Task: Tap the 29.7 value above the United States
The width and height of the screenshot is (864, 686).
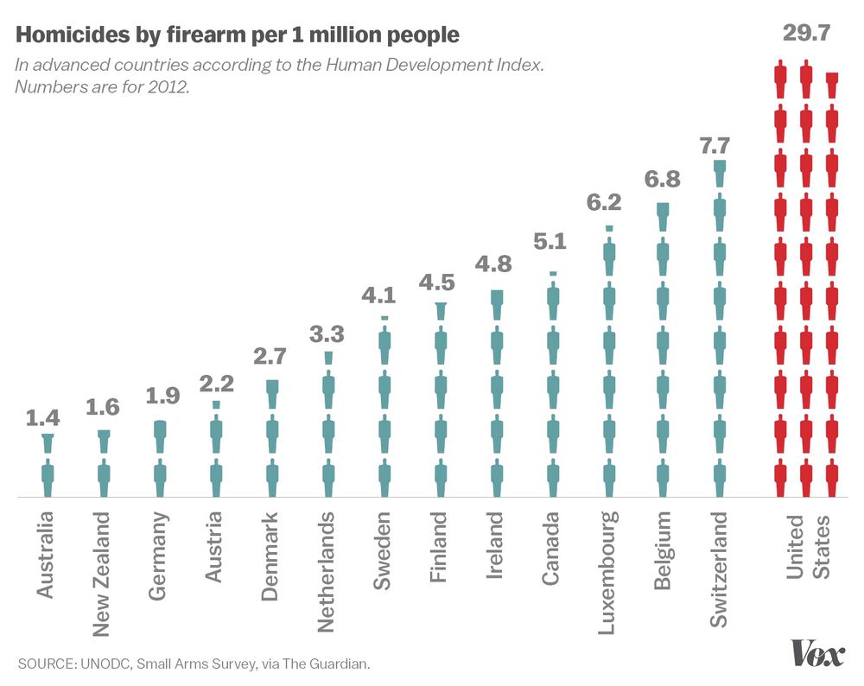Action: (806, 34)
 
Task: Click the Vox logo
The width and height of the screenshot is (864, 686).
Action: (817, 654)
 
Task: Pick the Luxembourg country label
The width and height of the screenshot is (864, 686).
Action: (608, 572)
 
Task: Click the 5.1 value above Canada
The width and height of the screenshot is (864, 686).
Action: (550, 242)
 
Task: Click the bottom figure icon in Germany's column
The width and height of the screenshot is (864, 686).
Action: (159, 478)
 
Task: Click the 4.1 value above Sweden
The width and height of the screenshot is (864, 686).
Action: (384, 295)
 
